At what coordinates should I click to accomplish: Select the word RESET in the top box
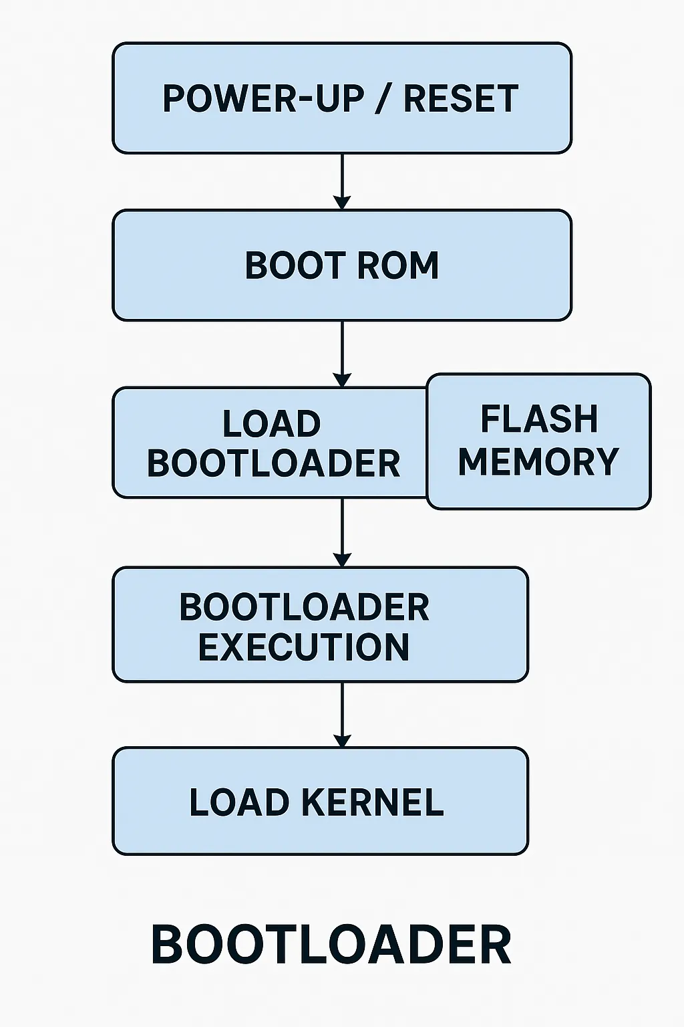tap(461, 99)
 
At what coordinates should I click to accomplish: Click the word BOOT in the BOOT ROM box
tap(295, 265)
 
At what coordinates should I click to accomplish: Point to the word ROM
tap(398, 265)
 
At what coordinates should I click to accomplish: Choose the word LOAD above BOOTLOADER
tap(271, 424)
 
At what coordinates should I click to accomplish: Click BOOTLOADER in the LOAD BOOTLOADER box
tap(273, 463)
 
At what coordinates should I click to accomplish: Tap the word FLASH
tap(539, 420)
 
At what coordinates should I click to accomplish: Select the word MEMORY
tap(538, 461)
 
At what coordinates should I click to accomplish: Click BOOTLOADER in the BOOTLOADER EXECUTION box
tap(304, 607)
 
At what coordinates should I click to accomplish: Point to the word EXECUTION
tap(304, 647)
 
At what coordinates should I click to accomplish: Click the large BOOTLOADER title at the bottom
tap(331, 945)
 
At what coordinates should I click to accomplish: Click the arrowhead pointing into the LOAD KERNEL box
tap(342, 741)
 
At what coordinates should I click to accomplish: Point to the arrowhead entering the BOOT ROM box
tap(342, 203)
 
